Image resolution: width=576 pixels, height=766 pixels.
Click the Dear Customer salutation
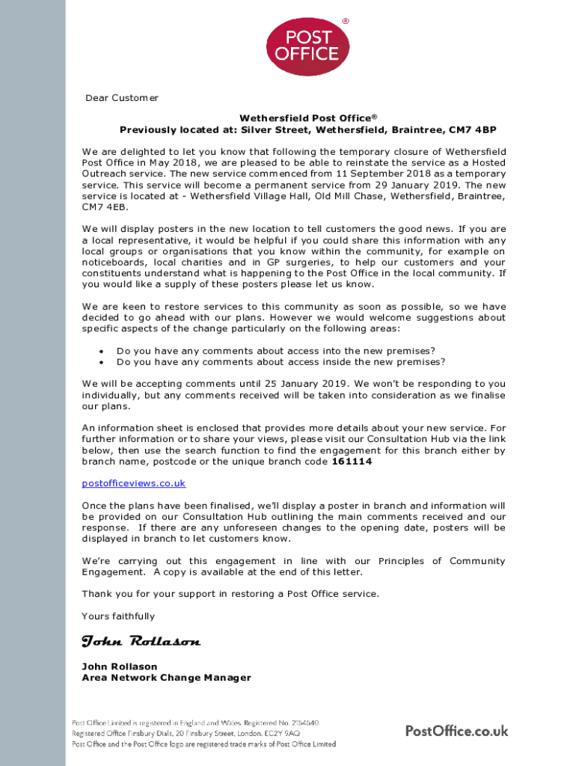121,98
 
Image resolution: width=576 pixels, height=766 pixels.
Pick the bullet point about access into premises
276,351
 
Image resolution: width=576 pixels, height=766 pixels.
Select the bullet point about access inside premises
281,362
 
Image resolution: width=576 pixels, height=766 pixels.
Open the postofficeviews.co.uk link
133,483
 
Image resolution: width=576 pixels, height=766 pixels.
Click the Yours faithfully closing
118,616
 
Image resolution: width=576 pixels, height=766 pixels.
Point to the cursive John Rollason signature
141,642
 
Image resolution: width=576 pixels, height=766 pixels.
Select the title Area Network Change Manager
166,678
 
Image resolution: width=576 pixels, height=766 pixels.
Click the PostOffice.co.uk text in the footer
456,731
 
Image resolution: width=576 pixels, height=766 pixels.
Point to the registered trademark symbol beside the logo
346,21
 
